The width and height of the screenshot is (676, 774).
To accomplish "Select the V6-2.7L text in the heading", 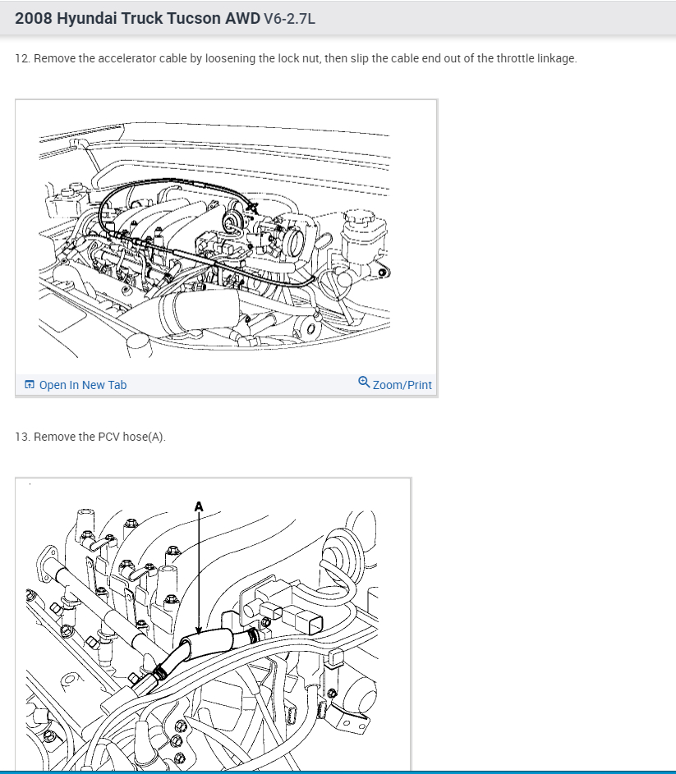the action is (x=289, y=19).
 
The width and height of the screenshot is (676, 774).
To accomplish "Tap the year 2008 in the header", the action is (x=33, y=18).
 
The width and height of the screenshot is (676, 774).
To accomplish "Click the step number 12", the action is (x=22, y=58).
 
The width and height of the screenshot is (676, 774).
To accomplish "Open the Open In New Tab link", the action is (x=82, y=385).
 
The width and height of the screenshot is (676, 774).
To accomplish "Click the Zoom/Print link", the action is (x=402, y=385).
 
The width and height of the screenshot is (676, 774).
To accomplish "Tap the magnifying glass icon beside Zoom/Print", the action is (x=364, y=382).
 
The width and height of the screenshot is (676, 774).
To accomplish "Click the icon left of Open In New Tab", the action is (x=30, y=384).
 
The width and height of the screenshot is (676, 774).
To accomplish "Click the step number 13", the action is (x=22, y=437).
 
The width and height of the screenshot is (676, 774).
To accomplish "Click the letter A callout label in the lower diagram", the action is (x=199, y=507).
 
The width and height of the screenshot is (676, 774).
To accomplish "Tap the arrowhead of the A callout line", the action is (x=199, y=630).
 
